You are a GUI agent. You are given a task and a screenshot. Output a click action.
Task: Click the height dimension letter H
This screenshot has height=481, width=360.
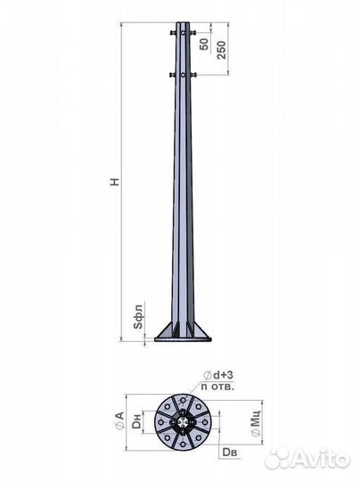(x=114, y=182)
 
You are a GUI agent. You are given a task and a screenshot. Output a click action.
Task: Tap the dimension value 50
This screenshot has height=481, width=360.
(x=204, y=45)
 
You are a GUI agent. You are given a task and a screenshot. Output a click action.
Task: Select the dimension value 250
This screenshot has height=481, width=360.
(x=221, y=50)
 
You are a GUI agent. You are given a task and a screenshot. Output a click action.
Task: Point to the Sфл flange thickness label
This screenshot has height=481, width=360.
(x=139, y=317)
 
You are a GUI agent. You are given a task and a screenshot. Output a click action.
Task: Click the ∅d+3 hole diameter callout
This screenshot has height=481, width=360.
(x=218, y=375)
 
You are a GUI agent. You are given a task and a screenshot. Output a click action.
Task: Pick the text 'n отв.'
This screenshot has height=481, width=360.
(x=217, y=387)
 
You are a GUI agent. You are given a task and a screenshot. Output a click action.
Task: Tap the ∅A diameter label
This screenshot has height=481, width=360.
(x=119, y=420)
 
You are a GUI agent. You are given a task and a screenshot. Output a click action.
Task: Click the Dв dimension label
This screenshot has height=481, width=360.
(x=230, y=452)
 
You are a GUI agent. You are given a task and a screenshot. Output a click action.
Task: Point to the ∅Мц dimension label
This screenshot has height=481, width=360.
(x=256, y=423)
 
